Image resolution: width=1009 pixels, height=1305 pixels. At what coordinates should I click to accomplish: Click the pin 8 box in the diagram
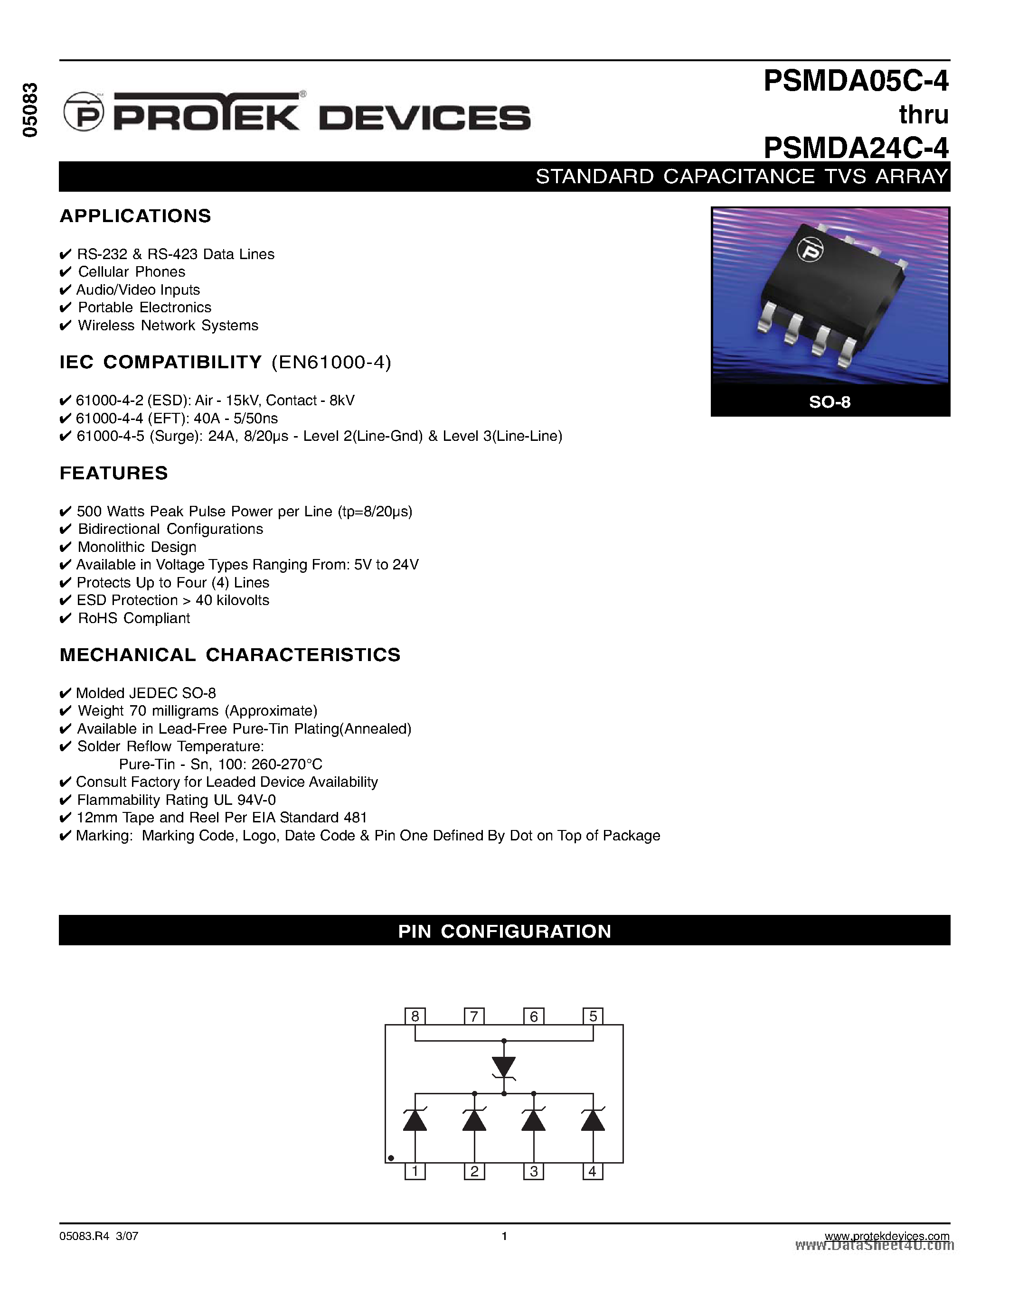click(415, 1016)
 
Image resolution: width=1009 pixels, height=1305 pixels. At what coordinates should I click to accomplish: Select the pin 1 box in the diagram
click(415, 1171)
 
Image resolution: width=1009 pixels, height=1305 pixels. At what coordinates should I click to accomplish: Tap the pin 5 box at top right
click(593, 1016)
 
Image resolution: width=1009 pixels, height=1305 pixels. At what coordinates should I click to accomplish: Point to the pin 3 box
click(534, 1171)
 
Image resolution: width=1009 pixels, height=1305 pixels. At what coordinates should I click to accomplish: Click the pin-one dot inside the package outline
click(391, 1158)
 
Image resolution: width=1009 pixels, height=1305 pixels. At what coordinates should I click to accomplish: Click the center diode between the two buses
click(504, 1067)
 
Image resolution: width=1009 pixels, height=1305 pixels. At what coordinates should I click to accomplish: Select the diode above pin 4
click(593, 1119)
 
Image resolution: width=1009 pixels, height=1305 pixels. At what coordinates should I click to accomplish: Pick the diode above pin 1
click(415, 1119)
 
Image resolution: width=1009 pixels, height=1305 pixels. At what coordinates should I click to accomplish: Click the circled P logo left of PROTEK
click(84, 112)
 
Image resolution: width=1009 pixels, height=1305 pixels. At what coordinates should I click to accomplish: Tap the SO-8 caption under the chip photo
click(830, 402)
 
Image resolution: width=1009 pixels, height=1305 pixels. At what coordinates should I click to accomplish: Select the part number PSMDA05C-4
click(856, 81)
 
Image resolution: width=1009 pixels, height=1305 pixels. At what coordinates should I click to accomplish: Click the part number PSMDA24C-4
click(856, 148)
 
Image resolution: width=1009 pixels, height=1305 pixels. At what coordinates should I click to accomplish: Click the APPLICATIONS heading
click(136, 216)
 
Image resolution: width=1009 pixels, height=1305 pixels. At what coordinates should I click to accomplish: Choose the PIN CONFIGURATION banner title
click(504, 932)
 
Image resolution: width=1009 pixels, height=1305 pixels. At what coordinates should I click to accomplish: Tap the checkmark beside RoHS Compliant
click(66, 618)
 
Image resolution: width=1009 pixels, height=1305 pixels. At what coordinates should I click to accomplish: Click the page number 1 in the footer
click(504, 1236)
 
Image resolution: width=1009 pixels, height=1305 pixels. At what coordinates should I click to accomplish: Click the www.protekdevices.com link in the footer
click(886, 1236)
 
